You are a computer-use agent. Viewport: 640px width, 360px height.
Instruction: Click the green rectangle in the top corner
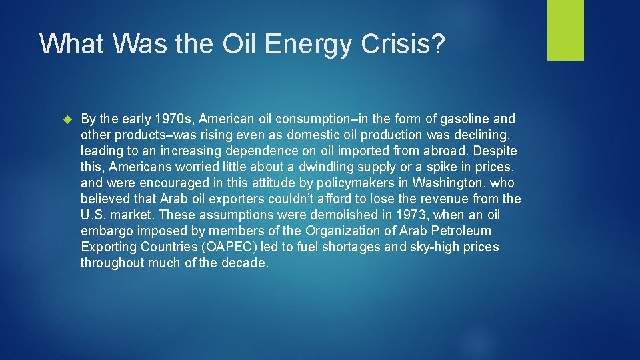(565, 30)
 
